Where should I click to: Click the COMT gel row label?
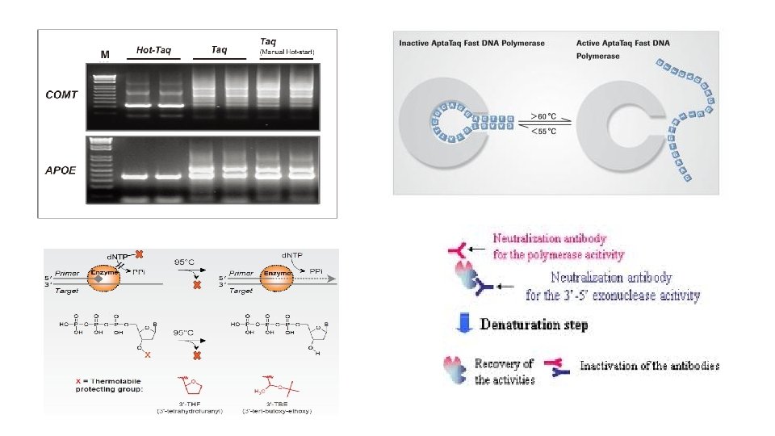point(61,94)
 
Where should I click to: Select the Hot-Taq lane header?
point(153,50)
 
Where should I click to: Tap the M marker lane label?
point(105,55)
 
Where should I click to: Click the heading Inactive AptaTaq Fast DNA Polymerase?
point(472,42)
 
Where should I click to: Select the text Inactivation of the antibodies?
point(650,366)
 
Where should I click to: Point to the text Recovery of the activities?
point(505,371)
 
